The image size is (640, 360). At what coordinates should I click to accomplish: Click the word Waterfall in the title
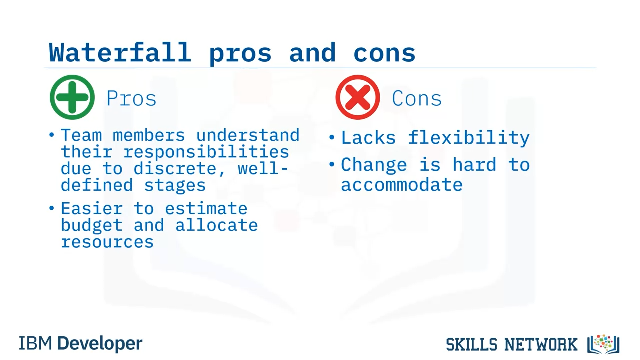pos(120,52)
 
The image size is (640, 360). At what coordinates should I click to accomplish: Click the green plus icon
pos(72,97)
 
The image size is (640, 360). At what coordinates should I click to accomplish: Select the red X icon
pos(358,97)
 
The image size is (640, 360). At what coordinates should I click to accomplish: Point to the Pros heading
pos(131,98)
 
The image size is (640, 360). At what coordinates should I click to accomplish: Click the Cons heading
pos(417,98)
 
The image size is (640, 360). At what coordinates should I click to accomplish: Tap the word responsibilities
pos(206,152)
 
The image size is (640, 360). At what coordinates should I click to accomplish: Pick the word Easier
pos(92,208)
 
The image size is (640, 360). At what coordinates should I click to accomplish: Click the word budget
pos(92,225)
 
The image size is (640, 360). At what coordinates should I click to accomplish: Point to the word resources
pos(107,242)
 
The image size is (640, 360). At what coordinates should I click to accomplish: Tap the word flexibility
pos(469,138)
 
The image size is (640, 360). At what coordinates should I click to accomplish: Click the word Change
pos(374,165)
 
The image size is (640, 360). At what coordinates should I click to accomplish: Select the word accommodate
pos(402,185)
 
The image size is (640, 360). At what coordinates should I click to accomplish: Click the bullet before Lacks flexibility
pos(331,137)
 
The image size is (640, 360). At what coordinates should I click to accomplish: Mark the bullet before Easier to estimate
pos(51,208)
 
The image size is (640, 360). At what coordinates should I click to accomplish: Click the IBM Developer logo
pos(81,343)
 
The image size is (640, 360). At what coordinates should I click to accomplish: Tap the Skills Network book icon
pos(603,344)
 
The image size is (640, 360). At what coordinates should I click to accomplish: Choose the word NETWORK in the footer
pos(541,344)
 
